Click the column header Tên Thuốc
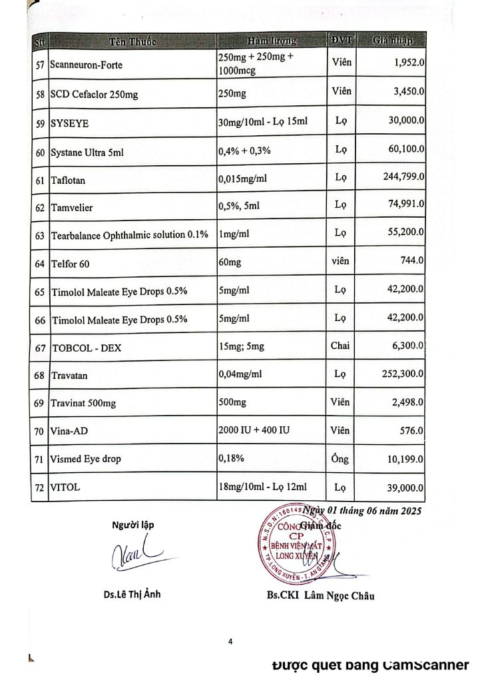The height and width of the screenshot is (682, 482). tap(132, 41)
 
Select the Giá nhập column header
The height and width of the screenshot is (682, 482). tap(392, 41)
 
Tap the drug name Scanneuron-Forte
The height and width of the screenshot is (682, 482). tap(87, 65)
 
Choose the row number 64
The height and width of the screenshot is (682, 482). tap(39, 264)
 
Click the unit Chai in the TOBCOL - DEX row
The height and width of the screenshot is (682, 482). tap(340, 346)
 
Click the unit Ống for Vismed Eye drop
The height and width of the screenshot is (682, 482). tap(340, 459)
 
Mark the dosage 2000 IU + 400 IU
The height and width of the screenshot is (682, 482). tap(254, 431)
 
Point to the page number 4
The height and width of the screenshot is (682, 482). tap(230, 642)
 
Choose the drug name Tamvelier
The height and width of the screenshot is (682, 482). tap(72, 208)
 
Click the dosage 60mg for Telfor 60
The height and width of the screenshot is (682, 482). tap(230, 263)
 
